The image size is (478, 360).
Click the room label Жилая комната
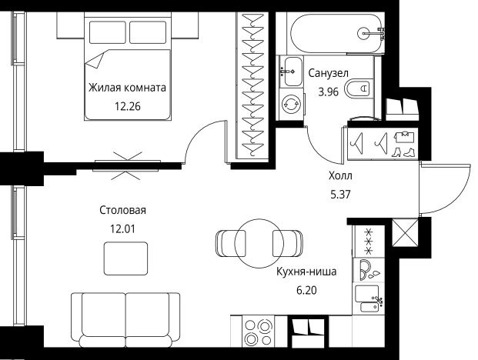[x=127, y=88]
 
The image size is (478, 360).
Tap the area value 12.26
[x=128, y=107]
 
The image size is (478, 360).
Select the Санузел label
[x=329, y=73]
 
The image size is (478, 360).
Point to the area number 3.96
[x=329, y=92]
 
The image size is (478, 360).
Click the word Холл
[x=340, y=175]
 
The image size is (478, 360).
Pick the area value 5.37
[x=340, y=194]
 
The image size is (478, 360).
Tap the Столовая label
[x=122, y=210]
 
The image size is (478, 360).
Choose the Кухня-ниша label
[x=306, y=272]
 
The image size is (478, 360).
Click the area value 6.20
[x=306, y=290]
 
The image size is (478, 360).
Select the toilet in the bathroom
[x=359, y=89]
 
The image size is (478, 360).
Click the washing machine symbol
[x=292, y=104]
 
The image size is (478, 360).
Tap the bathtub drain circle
[x=363, y=33]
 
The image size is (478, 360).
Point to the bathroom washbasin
[x=291, y=72]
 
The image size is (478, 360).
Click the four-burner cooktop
[x=259, y=331]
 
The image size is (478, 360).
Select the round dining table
[x=259, y=243]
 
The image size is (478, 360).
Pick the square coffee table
[x=125, y=258]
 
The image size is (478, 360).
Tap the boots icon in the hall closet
[x=403, y=152]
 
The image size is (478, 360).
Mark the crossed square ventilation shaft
[x=405, y=232]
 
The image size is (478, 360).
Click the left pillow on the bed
[x=107, y=32]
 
